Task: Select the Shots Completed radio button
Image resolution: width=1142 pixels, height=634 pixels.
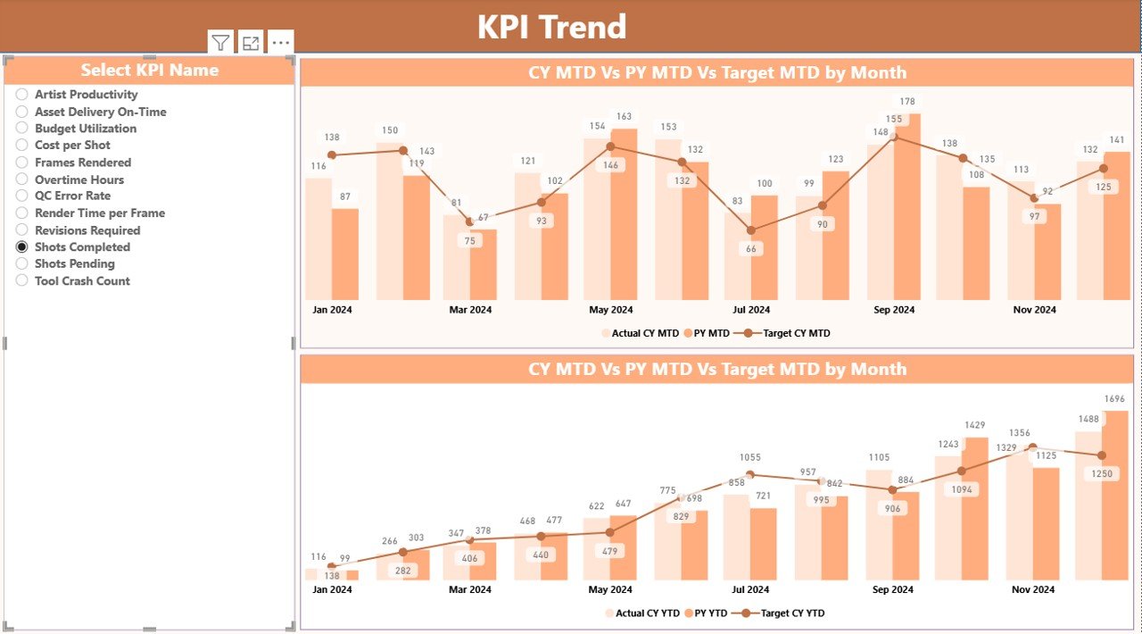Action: click(x=22, y=246)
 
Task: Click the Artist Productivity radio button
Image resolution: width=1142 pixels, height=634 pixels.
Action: click(x=22, y=94)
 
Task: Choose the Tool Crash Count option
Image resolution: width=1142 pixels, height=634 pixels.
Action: click(x=22, y=280)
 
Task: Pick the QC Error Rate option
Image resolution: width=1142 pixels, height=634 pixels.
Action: click(x=22, y=196)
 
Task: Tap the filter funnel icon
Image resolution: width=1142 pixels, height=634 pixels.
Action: click(x=221, y=42)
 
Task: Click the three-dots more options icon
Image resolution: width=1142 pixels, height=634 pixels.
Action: click(x=280, y=42)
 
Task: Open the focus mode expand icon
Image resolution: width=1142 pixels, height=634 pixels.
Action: click(x=251, y=42)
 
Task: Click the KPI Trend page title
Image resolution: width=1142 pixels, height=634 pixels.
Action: click(x=551, y=27)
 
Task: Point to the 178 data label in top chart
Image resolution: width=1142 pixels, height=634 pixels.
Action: click(x=907, y=102)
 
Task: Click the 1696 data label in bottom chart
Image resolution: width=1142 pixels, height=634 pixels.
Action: click(x=1115, y=399)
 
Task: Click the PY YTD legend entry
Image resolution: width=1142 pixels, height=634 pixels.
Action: click(x=709, y=613)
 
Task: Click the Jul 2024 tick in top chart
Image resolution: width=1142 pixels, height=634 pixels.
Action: click(x=751, y=310)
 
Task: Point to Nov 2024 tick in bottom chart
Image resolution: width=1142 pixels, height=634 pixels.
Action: click(x=1034, y=589)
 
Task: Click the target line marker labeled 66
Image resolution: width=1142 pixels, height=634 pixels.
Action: click(x=751, y=230)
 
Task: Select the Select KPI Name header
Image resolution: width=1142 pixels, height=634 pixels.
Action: click(x=150, y=70)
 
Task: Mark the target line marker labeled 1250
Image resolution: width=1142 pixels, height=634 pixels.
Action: click(x=1103, y=455)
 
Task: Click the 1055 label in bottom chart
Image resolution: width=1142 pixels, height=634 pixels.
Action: click(x=751, y=457)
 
